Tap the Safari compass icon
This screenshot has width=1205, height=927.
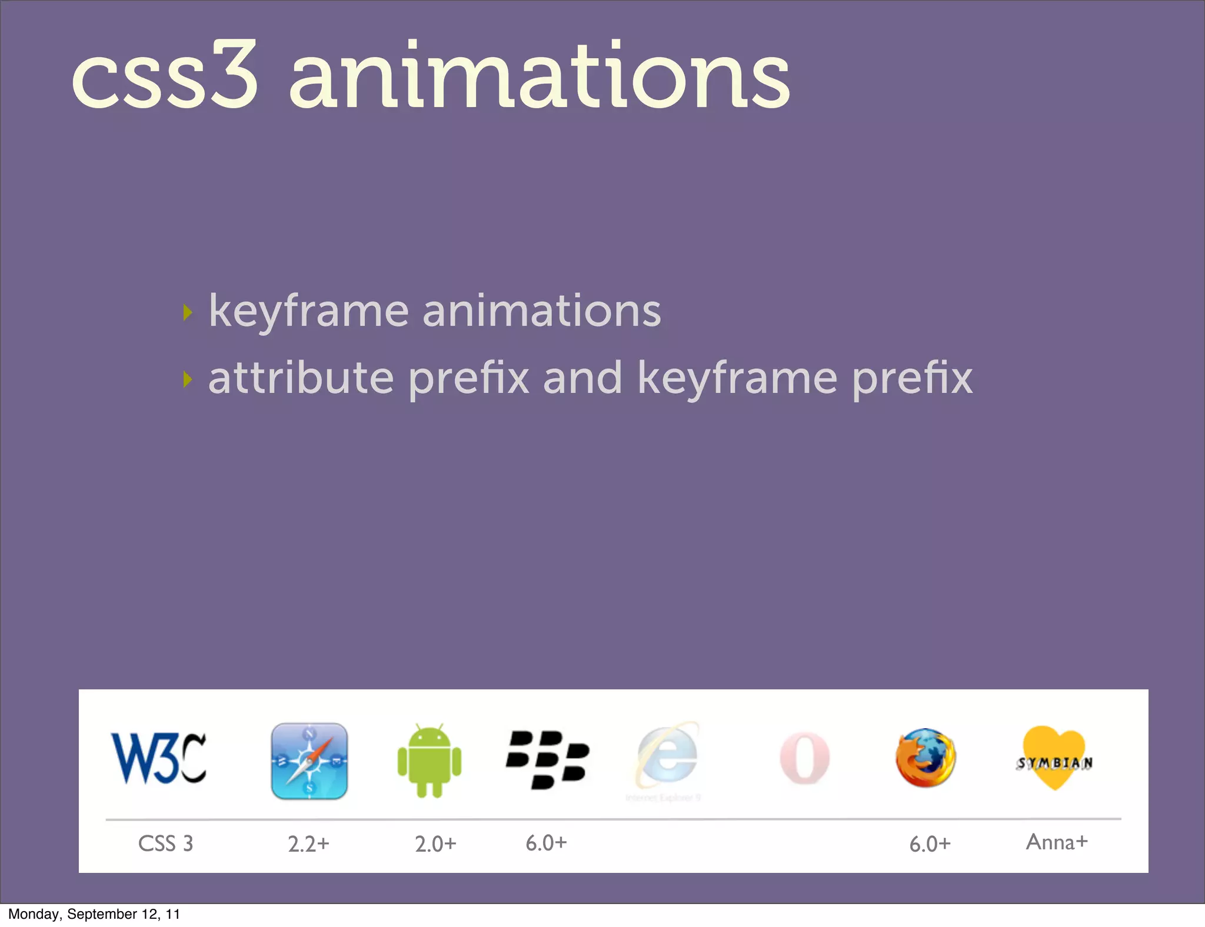coord(309,761)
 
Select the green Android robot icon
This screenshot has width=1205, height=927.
coord(430,761)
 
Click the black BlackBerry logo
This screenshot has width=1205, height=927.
coord(547,759)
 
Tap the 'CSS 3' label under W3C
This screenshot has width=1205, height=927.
coord(165,843)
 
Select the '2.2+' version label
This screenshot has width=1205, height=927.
coord(308,844)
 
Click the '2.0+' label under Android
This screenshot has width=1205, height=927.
coord(435,844)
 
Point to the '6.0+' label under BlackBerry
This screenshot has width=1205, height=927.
coord(546,843)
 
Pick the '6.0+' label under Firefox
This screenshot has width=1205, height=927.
coord(930,844)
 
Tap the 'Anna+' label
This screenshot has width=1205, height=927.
coord(1057,842)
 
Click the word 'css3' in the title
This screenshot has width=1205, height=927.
coord(165,76)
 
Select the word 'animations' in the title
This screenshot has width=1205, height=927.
coord(540,76)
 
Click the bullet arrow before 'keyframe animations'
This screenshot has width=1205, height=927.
coord(188,312)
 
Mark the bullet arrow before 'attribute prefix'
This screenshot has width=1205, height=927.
coord(188,379)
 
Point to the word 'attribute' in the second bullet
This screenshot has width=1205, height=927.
coord(301,378)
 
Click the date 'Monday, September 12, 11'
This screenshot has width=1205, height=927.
coord(94,914)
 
